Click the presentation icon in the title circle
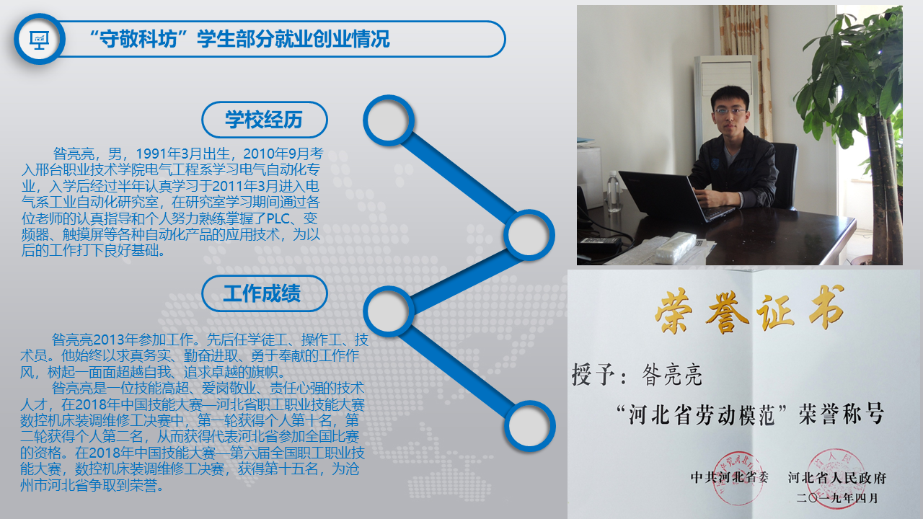pyautogui.click(x=40, y=40)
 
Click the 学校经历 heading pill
pyautogui.click(x=265, y=120)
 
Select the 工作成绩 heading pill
pyautogui.click(x=265, y=293)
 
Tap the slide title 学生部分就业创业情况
pyautogui.click(x=293, y=39)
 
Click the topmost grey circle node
pyautogui.click(x=388, y=120)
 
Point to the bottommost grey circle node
pyautogui.click(x=529, y=425)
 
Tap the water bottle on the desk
pyautogui.click(x=614, y=191)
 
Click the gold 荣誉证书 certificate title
pyautogui.click(x=749, y=310)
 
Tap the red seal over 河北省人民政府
pyautogui.click(x=836, y=474)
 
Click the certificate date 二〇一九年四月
pyautogui.click(x=837, y=498)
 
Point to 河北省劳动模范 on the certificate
pyautogui.click(x=702, y=414)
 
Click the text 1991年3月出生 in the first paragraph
pyautogui.click(x=183, y=154)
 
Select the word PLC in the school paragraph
pyautogui.click(x=278, y=218)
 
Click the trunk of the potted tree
pyautogui.click(x=882, y=185)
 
